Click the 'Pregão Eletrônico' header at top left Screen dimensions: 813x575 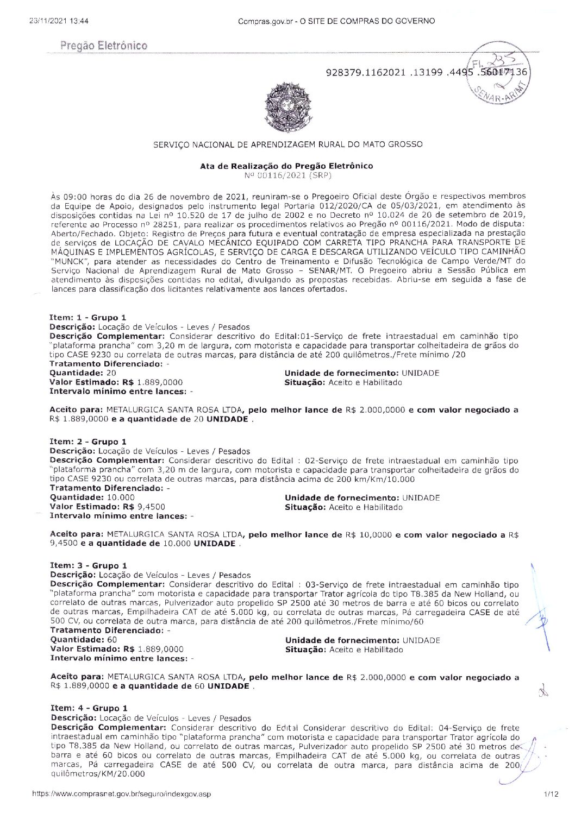(104, 46)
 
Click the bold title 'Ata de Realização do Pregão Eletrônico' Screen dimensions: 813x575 (286, 166)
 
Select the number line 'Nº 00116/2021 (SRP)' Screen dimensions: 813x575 (287, 175)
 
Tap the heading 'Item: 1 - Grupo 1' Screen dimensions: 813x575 (87, 318)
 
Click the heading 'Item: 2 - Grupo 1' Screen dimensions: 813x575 (88, 442)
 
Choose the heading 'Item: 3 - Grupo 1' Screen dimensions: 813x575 (89, 566)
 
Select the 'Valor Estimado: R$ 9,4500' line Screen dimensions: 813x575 (108, 507)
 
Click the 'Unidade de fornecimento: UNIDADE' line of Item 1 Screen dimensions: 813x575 (362, 373)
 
